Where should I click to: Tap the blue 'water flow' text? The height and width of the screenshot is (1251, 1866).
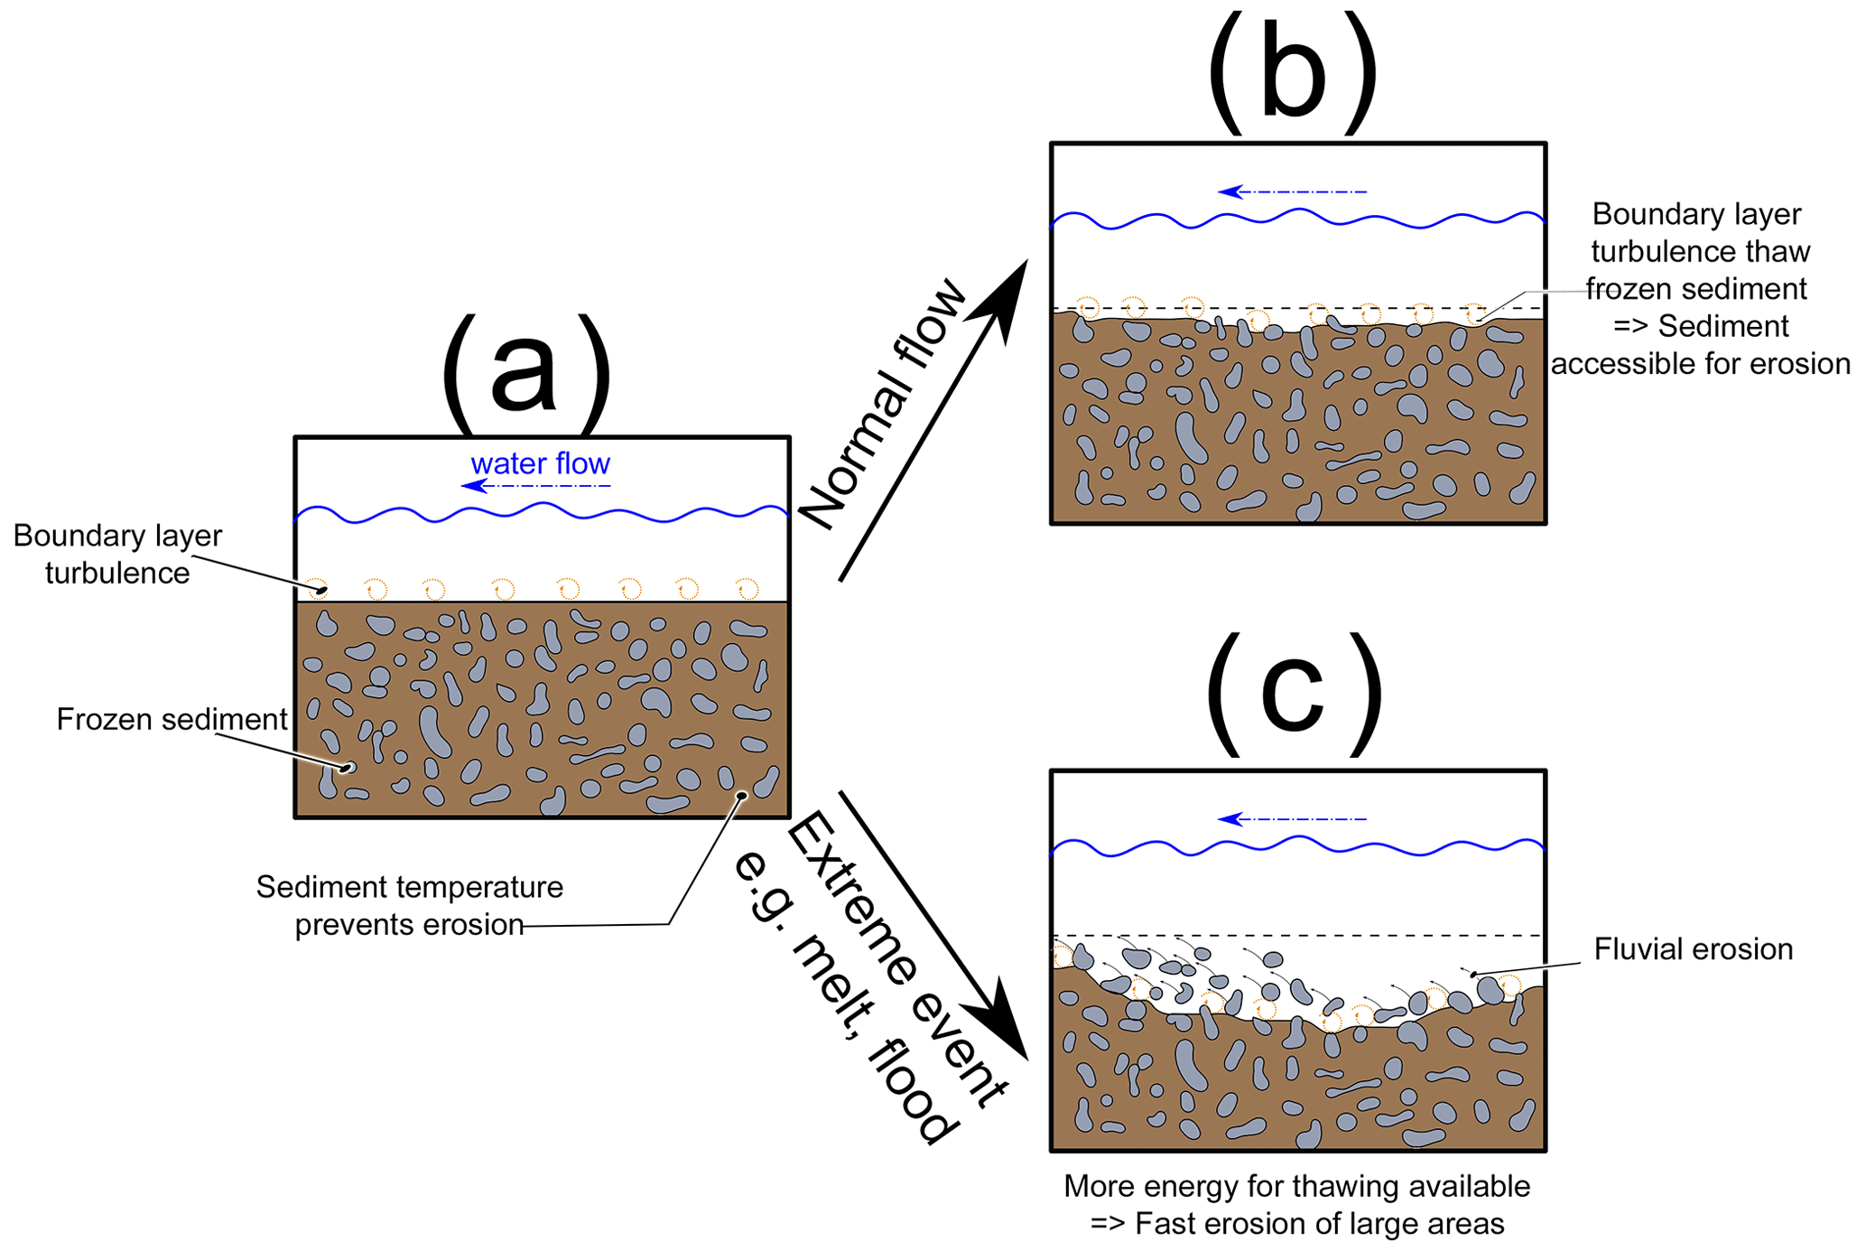540,463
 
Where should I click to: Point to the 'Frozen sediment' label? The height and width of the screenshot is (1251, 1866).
172,719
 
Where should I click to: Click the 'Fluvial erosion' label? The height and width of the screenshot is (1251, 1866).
1693,948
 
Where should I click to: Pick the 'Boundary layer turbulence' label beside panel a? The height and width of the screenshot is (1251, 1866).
117,554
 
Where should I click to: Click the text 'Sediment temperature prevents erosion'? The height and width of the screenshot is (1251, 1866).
409,905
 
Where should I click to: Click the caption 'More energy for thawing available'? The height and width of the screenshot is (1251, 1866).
1296,1186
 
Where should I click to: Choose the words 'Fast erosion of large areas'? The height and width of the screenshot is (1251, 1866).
1319,1224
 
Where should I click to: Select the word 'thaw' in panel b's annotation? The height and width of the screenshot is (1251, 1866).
1778,251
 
